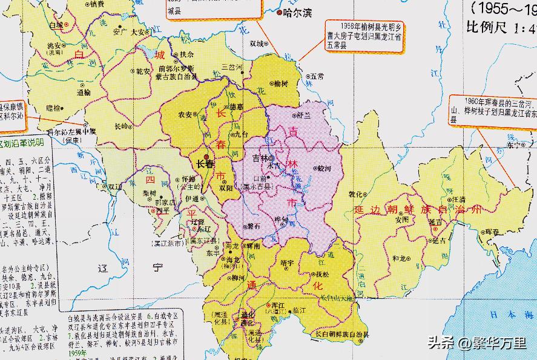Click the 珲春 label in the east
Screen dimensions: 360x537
[492, 232]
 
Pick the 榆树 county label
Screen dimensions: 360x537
[281, 83]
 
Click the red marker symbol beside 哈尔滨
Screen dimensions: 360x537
[279, 12]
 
